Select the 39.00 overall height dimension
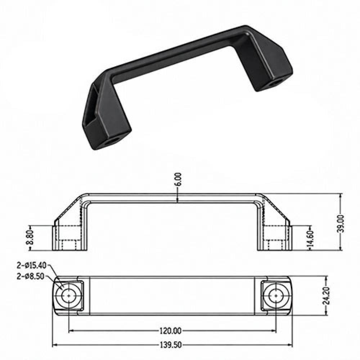coord(340,224)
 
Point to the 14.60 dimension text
coord(310,239)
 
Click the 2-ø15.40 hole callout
coord(31,265)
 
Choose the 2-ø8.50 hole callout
coord(30,276)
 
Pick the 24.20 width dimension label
coord(326,296)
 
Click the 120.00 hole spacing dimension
coord(170,331)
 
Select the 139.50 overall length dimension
coord(170,345)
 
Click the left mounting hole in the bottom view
coord(69,296)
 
